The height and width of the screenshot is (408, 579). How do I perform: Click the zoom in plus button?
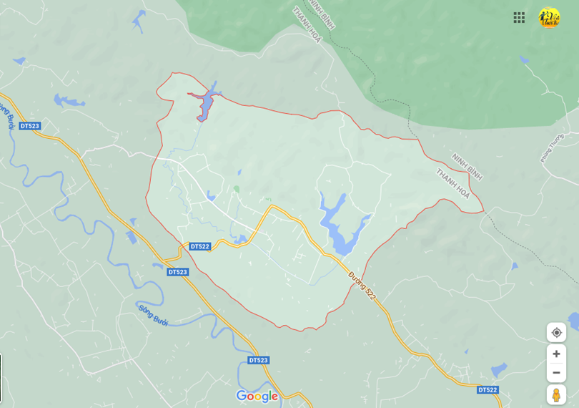(556, 354)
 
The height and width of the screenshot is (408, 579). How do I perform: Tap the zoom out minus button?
(556, 372)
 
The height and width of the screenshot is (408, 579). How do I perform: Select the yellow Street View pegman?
(556, 394)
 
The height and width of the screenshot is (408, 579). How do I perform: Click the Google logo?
(257, 396)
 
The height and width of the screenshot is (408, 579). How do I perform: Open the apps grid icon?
(519, 17)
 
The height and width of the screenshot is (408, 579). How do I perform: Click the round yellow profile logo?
(549, 17)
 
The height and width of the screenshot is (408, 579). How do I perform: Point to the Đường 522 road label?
(362, 284)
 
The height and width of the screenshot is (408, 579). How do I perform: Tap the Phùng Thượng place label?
(553, 148)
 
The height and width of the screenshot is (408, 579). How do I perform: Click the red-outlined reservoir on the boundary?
(204, 105)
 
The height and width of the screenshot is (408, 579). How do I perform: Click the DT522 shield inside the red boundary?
(200, 246)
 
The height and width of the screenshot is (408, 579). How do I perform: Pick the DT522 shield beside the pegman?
(488, 389)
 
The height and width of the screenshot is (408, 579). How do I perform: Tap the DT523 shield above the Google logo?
(259, 360)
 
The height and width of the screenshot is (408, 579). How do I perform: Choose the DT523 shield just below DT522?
(178, 272)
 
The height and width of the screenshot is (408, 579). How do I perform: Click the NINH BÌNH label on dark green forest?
(323, 14)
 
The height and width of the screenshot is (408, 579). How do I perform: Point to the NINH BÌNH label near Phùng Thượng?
(467, 167)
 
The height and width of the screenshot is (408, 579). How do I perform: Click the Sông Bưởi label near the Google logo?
(153, 313)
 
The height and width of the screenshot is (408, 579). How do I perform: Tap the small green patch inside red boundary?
(236, 189)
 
